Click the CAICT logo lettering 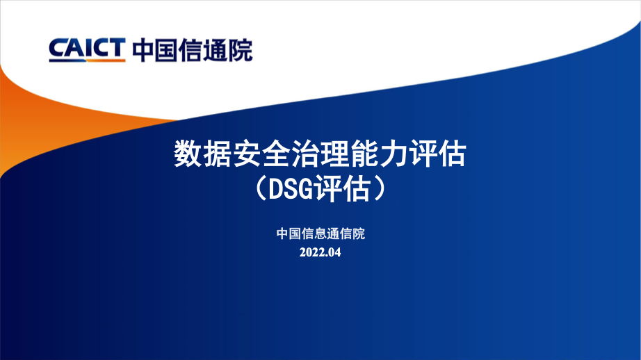pos(87,48)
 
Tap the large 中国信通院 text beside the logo pos(193,50)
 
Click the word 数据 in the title pos(203,154)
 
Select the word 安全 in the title pos(261,154)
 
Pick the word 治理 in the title pos(320,154)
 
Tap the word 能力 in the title pos(378,154)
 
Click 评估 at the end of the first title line pos(437,154)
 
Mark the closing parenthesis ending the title pos(380,189)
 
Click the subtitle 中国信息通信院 pos(320,234)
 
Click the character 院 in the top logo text pos(241,50)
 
